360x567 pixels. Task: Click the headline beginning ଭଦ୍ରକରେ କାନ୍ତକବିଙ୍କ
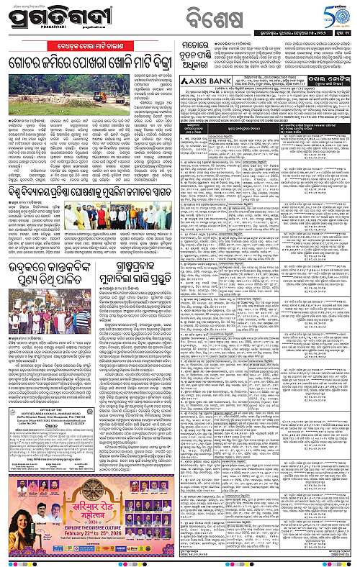[48, 294]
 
